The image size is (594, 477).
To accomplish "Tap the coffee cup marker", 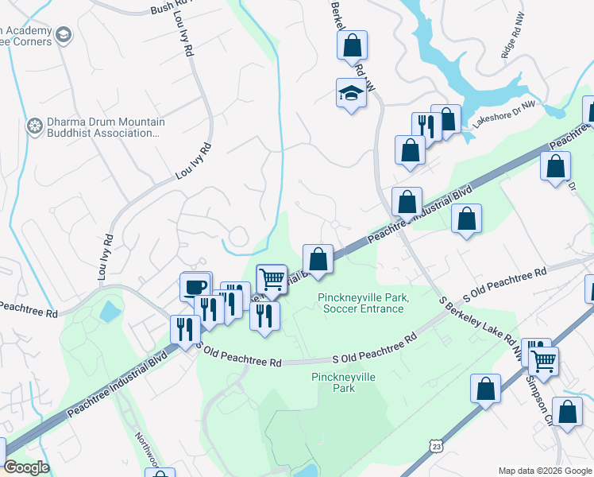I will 195,286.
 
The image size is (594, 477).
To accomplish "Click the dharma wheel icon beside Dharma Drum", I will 34,126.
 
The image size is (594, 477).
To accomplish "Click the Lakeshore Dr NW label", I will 504,114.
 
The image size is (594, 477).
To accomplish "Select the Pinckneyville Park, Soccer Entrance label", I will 362,303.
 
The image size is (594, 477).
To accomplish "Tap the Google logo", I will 26,467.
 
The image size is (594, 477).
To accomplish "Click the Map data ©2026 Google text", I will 545,471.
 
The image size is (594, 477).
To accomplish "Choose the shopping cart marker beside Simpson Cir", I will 543,362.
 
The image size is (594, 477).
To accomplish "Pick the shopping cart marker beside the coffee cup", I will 272,278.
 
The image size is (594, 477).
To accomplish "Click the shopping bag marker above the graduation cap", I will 352,46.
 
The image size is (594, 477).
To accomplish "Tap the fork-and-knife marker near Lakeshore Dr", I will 426,126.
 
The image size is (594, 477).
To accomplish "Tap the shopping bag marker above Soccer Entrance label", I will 318,259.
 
